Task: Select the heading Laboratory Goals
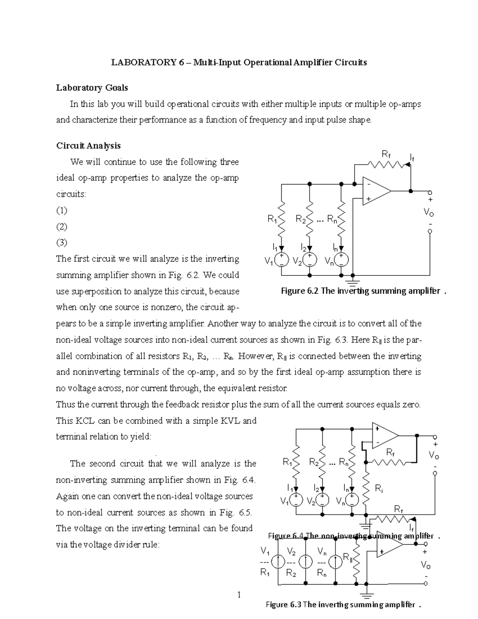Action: point(92,87)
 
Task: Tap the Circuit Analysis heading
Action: point(88,145)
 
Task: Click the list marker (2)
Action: point(61,226)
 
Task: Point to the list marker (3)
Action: point(61,242)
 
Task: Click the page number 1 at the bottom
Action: point(239,595)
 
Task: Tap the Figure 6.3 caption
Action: point(343,605)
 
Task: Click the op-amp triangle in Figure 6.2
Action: point(374,191)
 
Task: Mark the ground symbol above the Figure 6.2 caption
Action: point(353,280)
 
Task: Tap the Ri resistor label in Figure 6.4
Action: point(379,488)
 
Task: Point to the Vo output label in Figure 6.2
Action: point(429,213)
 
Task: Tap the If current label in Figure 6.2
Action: point(412,158)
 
